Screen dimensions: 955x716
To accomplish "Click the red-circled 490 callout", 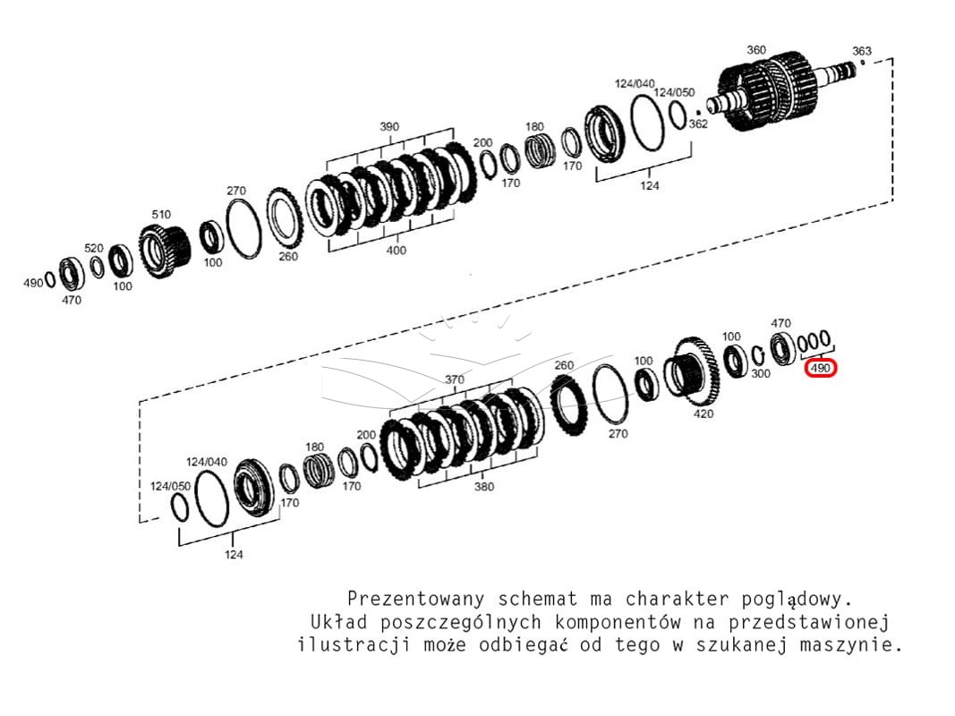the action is (x=821, y=369).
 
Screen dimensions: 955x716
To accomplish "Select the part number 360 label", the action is (x=755, y=50).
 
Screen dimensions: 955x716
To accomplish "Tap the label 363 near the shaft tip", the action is (x=861, y=51).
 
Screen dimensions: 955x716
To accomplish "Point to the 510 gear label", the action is (x=161, y=214).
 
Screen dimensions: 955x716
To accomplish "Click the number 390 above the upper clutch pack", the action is (x=389, y=126).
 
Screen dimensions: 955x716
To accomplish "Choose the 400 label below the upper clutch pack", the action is (x=396, y=251).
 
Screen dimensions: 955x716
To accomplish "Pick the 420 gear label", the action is (x=703, y=414).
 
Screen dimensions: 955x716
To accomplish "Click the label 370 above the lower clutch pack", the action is (x=455, y=379).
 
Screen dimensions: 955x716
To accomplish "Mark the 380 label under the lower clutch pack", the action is (x=483, y=487).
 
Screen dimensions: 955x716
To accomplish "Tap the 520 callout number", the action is (x=94, y=248).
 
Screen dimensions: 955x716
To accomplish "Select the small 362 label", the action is (x=698, y=124).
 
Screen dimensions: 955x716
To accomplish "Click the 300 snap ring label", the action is (x=761, y=374).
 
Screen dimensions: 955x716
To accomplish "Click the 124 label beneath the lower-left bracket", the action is (x=234, y=555).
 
